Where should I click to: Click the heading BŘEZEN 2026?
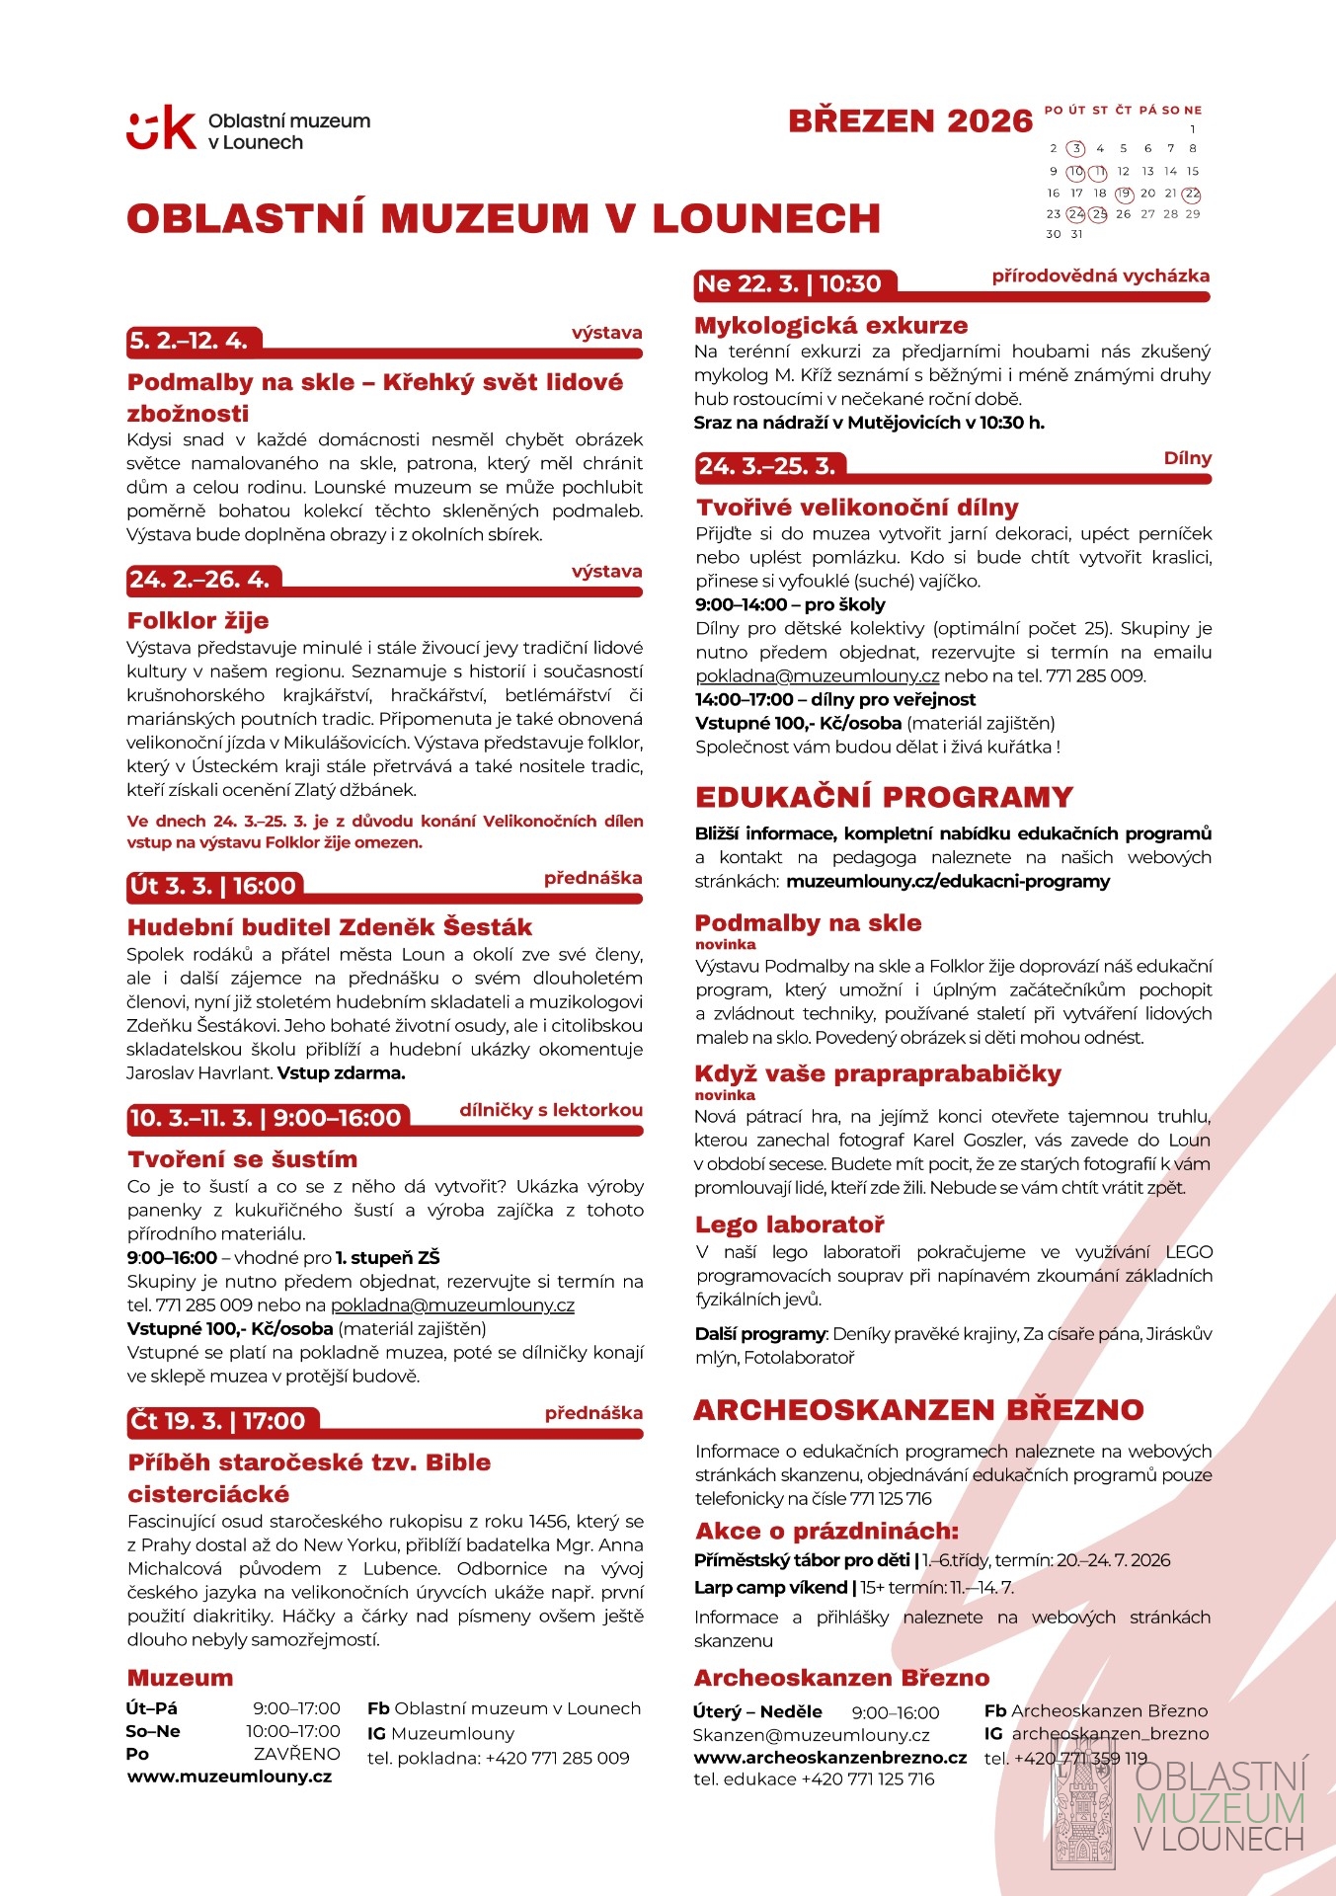point(909,121)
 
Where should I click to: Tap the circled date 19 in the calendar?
point(1124,194)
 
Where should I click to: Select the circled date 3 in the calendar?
point(1076,149)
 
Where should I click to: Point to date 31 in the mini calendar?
point(1076,235)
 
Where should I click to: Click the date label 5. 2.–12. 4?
point(189,342)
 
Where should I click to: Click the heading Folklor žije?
point(197,621)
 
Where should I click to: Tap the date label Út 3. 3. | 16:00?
point(212,886)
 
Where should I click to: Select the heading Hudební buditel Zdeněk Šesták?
point(330,927)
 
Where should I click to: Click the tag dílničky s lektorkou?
point(550,1110)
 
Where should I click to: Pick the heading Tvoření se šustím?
point(242,1159)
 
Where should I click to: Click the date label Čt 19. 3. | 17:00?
point(217,1422)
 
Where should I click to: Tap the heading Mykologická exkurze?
point(830,326)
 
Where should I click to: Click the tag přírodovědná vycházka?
point(1100,276)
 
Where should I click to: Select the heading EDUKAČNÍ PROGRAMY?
point(884,797)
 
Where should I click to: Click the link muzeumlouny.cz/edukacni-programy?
point(948,882)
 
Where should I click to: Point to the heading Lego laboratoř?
point(790,1225)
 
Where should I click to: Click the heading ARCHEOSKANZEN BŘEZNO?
point(918,1410)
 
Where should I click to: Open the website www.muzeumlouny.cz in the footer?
point(229,1777)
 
